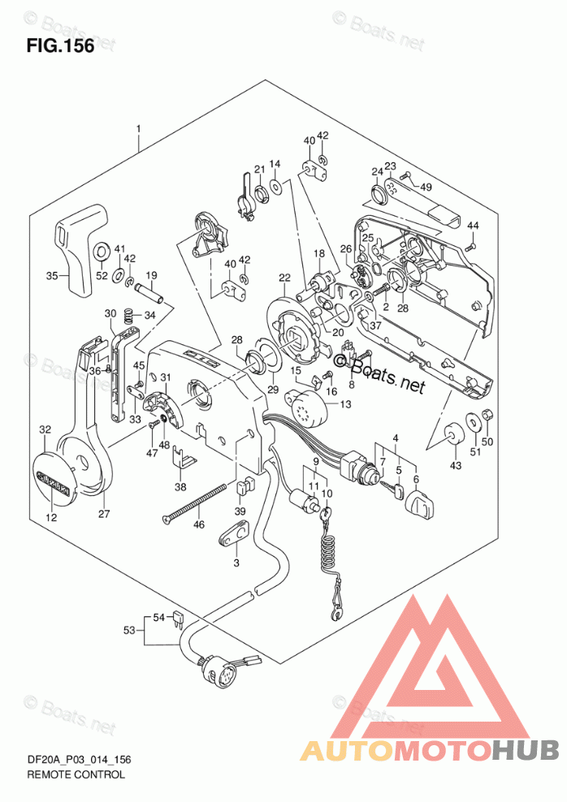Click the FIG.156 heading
(x=60, y=46)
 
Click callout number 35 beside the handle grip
(x=52, y=277)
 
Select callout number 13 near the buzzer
(x=345, y=405)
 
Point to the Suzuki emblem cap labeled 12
(x=57, y=480)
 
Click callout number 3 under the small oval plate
(x=236, y=563)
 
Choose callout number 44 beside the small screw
(x=473, y=225)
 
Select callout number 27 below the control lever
(x=103, y=513)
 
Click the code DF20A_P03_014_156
(x=80, y=759)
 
